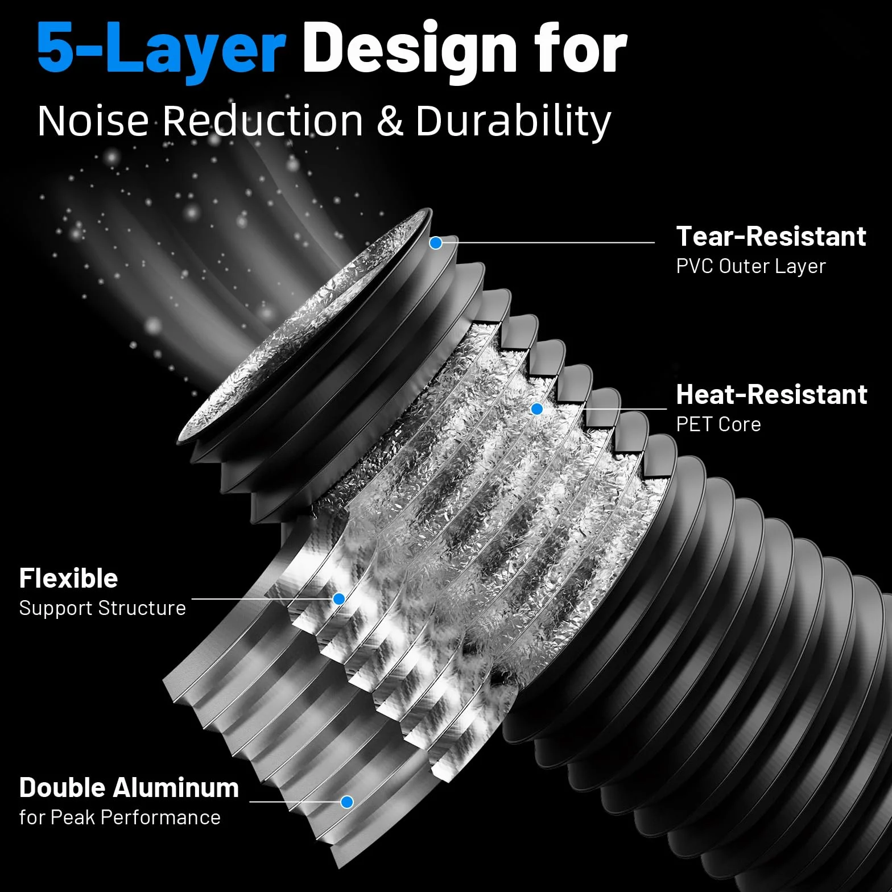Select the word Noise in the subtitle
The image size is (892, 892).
pyautogui.click(x=93, y=121)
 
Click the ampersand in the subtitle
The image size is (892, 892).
pyautogui.click(x=390, y=121)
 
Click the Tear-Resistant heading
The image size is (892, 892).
pyautogui.click(x=771, y=236)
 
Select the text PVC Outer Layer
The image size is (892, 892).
pyautogui.click(x=750, y=266)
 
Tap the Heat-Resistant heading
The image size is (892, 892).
pyautogui.click(x=771, y=394)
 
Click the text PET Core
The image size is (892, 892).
pyautogui.click(x=718, y=424)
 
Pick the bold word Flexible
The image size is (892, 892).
pyautogui.click(x=69, y=579)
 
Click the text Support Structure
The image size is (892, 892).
pyautogui.click(x=102, y=608)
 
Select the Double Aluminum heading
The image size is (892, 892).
pyautogui.click(x=129, y=788)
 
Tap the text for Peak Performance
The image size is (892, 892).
pyautogui.click(x=120, y=817)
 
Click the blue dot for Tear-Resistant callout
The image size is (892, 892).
pyautogui.click(x=436, y=243)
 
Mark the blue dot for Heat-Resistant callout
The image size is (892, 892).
pyautogui.click(x=536, y=409)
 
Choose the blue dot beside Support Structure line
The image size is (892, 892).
pyautogui.click(x=339, y=599)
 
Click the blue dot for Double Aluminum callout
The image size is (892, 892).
pyautogui.click(x=347, y=802)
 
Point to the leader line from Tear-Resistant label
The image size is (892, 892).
pyautogui.click(x=548, y=242)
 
